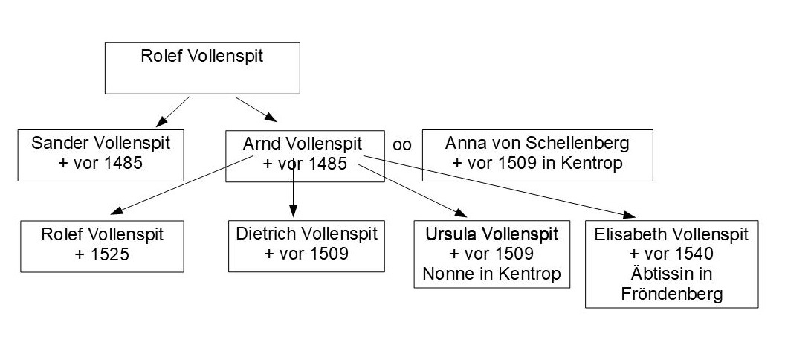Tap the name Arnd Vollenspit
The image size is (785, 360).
pos(303,144)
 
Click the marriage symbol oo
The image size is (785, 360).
pos(402,145)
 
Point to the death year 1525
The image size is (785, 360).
pos(109,254)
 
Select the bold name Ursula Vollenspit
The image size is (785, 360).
pos(491,234)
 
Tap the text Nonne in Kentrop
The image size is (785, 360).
pos(491,274)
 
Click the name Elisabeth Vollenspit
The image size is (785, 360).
pos(671,234)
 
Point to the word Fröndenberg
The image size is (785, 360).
pos(672,294)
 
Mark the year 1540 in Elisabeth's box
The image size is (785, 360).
pos(694,254)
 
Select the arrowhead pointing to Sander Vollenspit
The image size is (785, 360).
pos(161,122)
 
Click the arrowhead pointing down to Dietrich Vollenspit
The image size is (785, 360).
pos(293,212)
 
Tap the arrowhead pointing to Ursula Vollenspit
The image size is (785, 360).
pos(460,213)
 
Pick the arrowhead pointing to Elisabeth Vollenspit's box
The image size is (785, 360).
pos(629,214)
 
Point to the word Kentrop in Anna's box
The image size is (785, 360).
pos(595,164)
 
